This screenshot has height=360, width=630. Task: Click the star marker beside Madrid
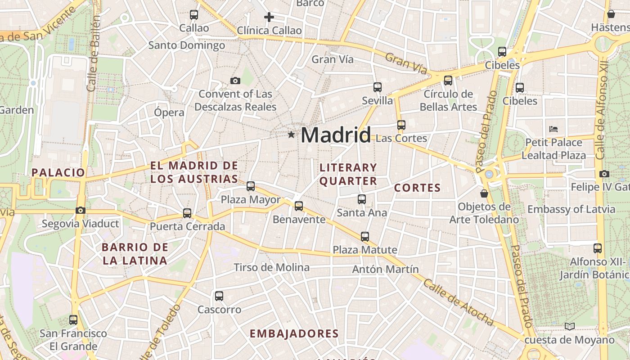coord(292,134)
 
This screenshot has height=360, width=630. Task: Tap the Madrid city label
coord(336,135)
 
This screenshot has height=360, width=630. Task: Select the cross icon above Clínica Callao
coord(269,18)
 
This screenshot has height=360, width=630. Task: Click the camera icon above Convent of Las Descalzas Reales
coord(235,81)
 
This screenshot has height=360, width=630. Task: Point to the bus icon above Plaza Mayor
coord(251,186)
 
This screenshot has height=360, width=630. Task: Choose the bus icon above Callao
coord(194,15)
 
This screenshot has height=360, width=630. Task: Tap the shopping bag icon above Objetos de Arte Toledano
coord(484,193)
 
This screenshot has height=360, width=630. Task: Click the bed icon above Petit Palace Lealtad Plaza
coord(553,129)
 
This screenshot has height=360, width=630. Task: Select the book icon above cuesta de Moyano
coord(570,326)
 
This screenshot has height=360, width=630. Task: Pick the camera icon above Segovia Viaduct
coord(81,210)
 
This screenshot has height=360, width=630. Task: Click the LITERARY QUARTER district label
coord(348,174)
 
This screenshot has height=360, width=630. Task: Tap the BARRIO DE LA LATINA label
coord(135,253)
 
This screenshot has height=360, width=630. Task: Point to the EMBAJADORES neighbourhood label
coord(294,333)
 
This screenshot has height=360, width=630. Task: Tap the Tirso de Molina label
coord(272,267)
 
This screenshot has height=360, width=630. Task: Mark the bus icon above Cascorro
coord(219,296)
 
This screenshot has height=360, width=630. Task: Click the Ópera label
coord(169,112)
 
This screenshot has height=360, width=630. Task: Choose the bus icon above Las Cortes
coord(401,125)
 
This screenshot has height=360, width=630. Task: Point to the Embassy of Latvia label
coord(571,209)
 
